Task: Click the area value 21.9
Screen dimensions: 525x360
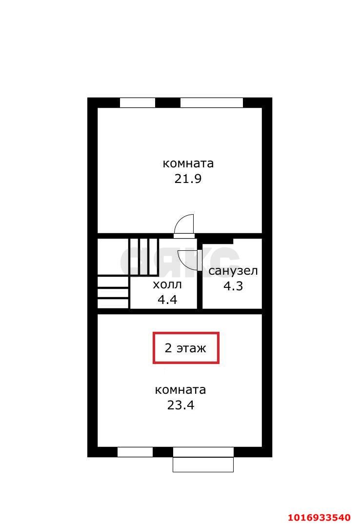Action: click(188, 179)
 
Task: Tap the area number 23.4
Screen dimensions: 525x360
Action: click(180, 405)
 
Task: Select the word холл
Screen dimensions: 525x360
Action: click(167, 284)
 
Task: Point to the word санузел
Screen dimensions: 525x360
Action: click(233, 270)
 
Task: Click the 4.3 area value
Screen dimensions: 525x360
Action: click(233, 286)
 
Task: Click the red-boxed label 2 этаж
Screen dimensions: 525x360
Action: click(186, 348)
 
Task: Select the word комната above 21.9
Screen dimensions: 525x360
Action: click(188, 163)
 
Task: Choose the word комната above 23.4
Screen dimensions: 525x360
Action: click(180, 390)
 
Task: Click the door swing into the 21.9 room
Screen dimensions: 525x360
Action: click(185, 224)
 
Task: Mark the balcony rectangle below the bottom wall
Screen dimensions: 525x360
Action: click(203, 464)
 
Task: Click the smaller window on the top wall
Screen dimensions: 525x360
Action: click(137, 102)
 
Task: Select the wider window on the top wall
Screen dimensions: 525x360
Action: click(211, 102)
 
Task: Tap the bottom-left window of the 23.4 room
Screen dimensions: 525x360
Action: click(135, 452)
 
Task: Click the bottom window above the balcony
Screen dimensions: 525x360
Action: click(203, 452)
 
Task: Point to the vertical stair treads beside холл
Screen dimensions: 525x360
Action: click(144, 256)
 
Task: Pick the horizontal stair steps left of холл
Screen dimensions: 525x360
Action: click(113, 293)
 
